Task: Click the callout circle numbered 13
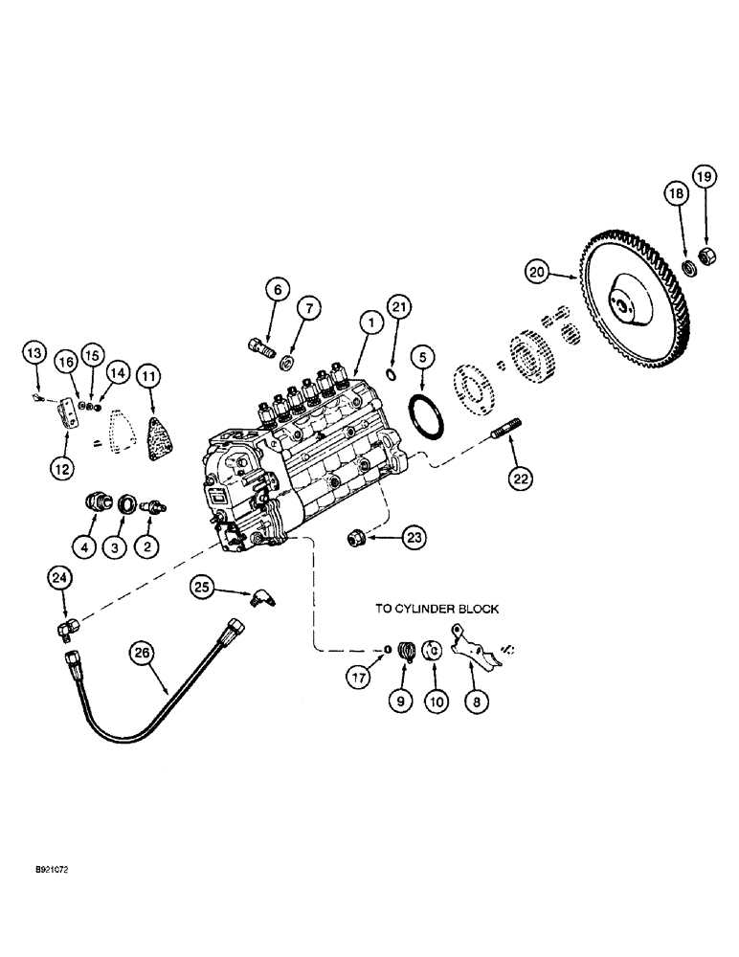[x=34, y=354]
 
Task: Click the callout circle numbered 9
[x=401, y=701]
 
